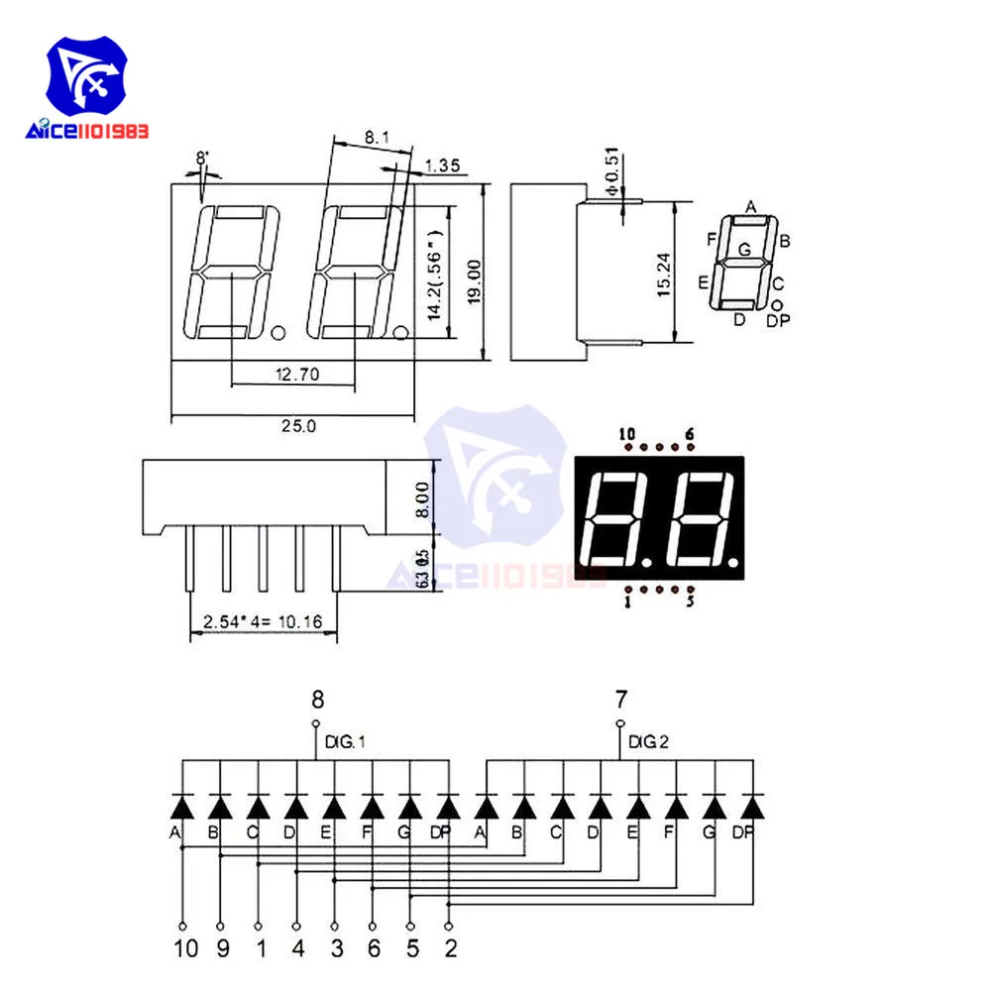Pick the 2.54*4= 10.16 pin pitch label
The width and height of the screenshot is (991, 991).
click(263, 622)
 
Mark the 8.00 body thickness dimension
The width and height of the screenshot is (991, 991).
click(423, 499)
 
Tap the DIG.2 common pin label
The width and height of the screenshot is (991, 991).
click(647, 741)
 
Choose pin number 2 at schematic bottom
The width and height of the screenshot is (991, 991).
click(451, 948)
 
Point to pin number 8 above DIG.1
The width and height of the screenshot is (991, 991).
click(317, 701)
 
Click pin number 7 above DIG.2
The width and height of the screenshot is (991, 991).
click(621, 701)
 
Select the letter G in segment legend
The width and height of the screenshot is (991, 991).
click(744, 250)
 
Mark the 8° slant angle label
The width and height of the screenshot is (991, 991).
click(202, 157)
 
